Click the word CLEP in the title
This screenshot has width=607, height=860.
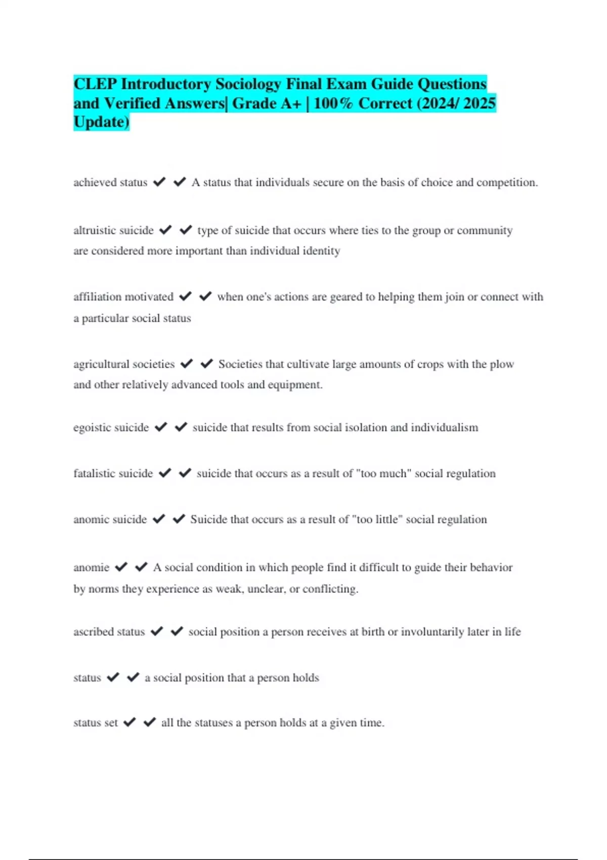click(x=95, y=84)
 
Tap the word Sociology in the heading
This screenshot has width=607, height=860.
click(x=248, y=84)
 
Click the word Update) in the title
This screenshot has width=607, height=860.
click(x=101, y=122)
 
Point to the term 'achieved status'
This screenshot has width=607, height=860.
click(x=110, y=183)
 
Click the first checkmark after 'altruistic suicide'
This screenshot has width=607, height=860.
click(x=165, y=230)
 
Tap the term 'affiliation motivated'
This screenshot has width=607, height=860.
click(x=123, y=297)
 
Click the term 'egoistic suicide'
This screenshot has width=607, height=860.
click(x=111, y=427)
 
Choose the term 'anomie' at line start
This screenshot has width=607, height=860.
click(x=92, y=568)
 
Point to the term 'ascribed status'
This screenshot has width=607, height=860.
click(x=109, y=632)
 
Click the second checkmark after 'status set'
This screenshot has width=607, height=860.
click(x=149, y=722)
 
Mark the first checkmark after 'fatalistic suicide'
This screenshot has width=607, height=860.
click(x=165, y=473)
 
